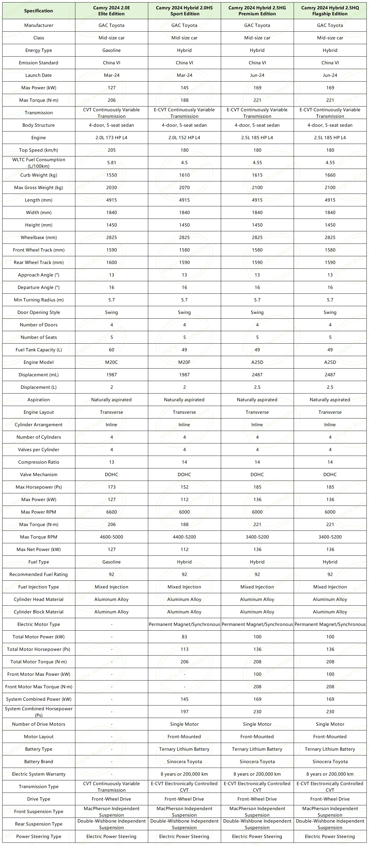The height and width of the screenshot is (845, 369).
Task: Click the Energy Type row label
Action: pyautogui.click(x=38, y=50)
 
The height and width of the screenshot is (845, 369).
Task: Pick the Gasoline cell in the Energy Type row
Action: pyautogui.click(x=112, y=50)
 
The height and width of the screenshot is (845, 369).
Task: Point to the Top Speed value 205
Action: pyautogui.click(x=112, y=150)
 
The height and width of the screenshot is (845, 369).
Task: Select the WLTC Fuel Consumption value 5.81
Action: pyautogui.click(x=112, y=162)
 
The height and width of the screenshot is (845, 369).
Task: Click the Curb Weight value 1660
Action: pyautogui.click(x=330, y=175)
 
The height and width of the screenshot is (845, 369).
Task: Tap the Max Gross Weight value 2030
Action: pyautogui.click(x=112, y=187)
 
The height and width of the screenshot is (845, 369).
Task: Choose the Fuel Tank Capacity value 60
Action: pyautogui.click(x=112, y=350)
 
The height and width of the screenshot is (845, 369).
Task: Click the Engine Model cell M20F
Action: pyautogui.click(x=184, y=362)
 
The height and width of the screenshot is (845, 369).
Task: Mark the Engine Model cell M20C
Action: pyautogui.click(x=112, y=362)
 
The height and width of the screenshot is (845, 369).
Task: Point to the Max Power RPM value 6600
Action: pyautogui.click(x=112, y=512)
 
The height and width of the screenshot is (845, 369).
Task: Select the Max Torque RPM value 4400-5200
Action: pyautogui.click(x=184, y=537)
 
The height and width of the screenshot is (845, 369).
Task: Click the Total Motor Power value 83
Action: pyautogui.click(x=184, y=637)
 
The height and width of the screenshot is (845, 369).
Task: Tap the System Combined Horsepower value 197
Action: pyautogui.click(x=184, y=711)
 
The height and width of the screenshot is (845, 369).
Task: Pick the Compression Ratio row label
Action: pyautogui.click(x=38, y=462)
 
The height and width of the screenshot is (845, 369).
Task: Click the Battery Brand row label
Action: pyautogui.click(x=38, y=761)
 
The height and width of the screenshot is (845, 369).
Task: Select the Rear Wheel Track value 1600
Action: pyautogui.click(x=112, y=262)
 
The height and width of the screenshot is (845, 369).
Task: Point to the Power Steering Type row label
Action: pyautogui.click(x=38, y=836)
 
